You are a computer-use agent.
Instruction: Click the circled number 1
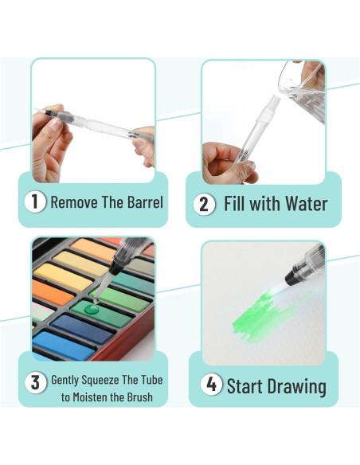tap(35, 202)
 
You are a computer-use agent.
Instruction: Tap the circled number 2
tap(204, 204)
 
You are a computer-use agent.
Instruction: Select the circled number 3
tap(35, 382)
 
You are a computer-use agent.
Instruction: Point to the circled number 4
tap(211, 385)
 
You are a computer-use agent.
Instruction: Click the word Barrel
tap(145, 202)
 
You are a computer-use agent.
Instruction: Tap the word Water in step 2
tap(307, 204)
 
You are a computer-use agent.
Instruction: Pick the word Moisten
tap(91, 397)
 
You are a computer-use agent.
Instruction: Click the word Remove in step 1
tap(74, 202)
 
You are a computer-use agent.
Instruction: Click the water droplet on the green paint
tap(92, 309)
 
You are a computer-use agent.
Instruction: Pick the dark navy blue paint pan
tap(82, 328)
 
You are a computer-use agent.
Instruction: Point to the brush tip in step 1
tap(40, 111)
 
